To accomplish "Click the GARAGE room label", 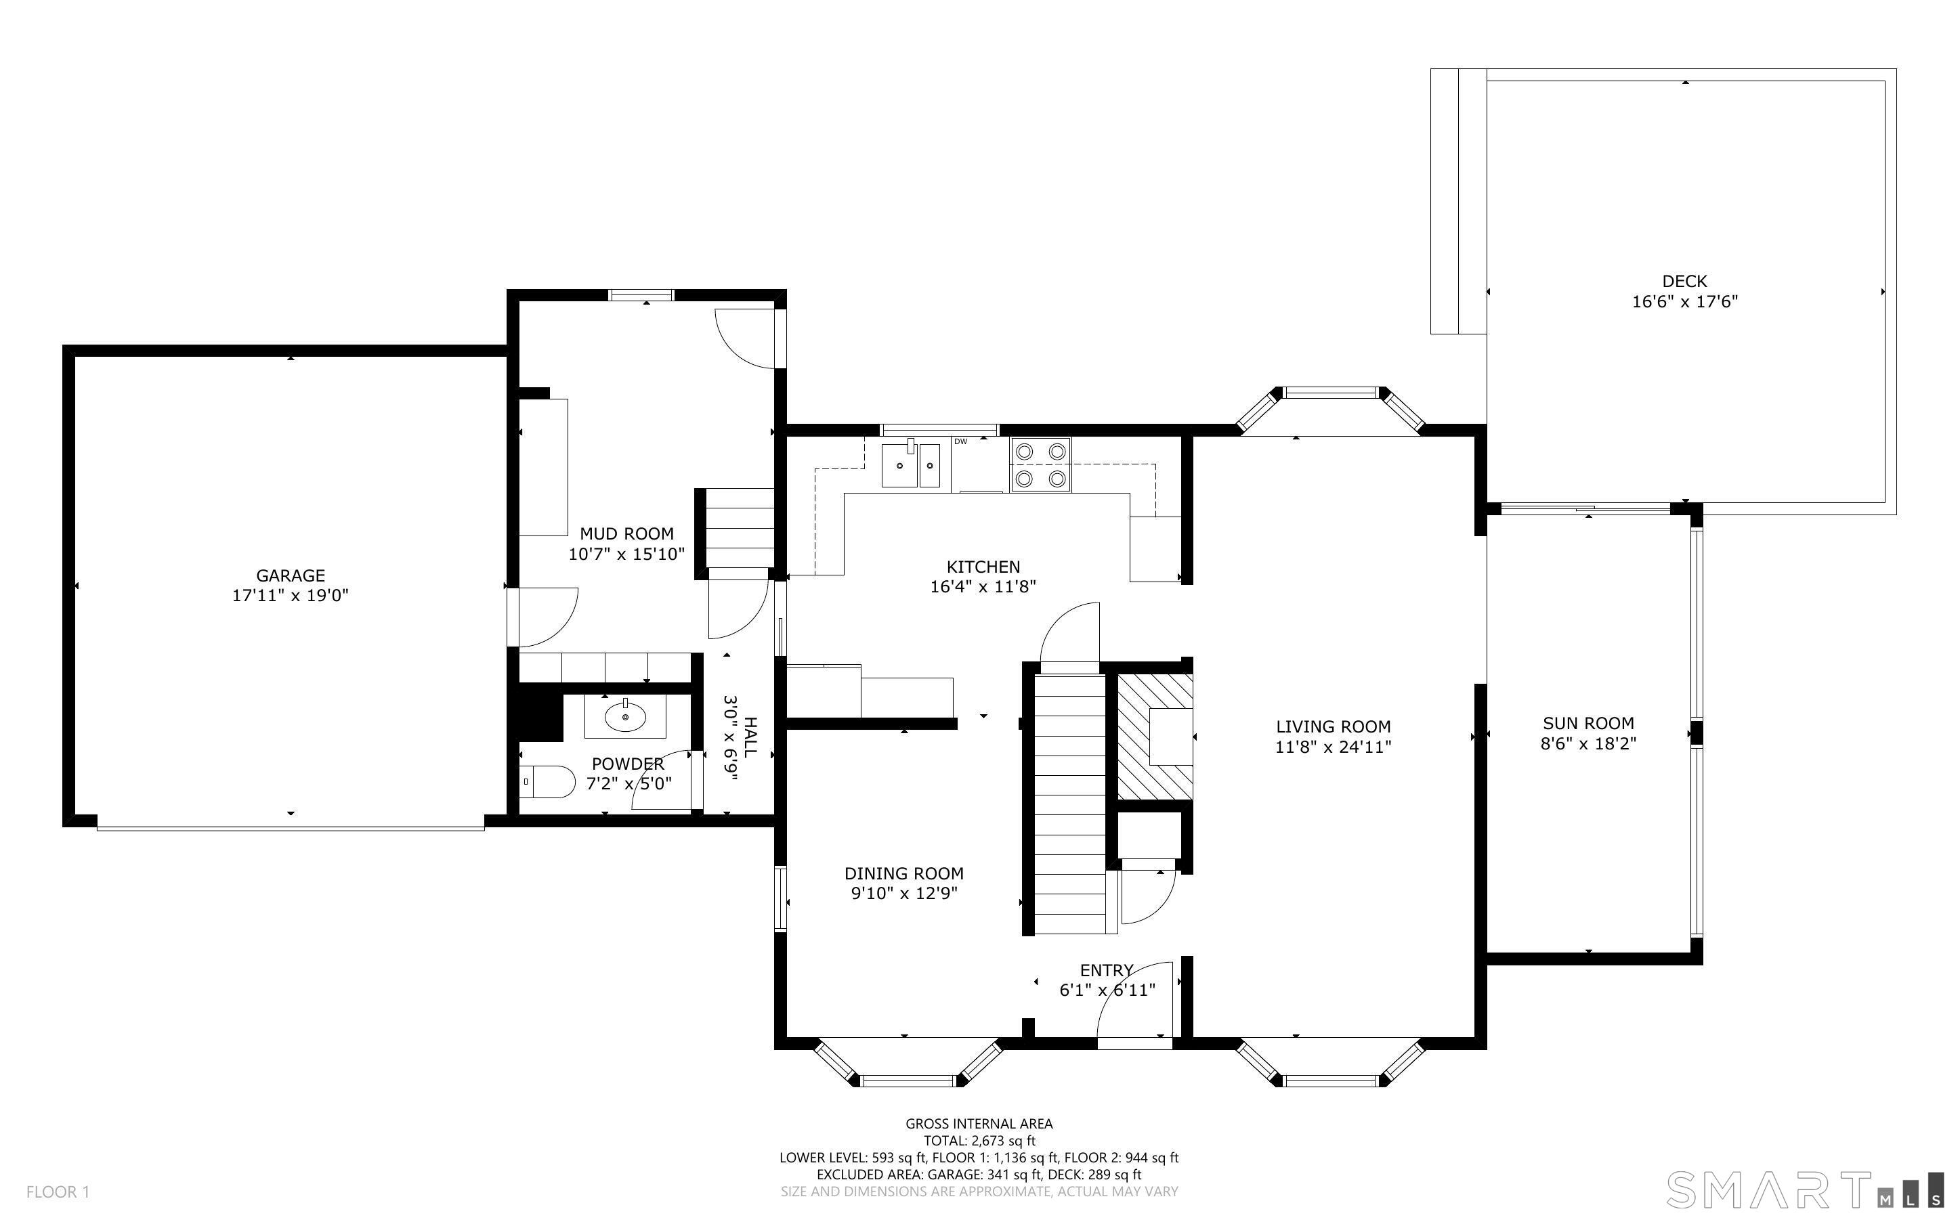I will point(290,575).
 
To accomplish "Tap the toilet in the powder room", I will point(548,782).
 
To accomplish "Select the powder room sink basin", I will point(625,716).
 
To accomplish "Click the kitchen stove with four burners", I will point(1040,464).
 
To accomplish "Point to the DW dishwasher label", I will point(961,441).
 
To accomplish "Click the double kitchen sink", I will point(910,466).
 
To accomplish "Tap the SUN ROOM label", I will point(1588,723).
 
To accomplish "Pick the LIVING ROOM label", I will point(1333,727).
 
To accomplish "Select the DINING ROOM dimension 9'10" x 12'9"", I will point(903,894).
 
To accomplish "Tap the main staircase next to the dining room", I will point(1069,802).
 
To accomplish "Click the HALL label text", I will point(750,737).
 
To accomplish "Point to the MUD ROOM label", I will point(626,533).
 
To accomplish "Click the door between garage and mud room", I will point(544,617).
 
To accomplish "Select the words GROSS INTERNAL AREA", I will point(978,1124).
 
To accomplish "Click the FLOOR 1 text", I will point(58,1192).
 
